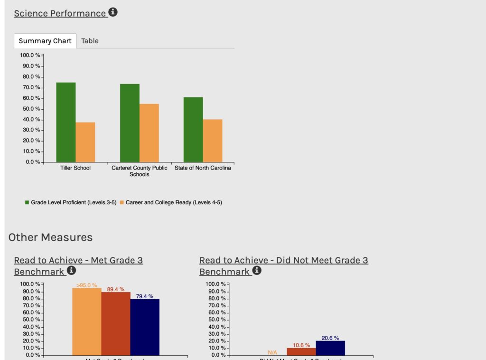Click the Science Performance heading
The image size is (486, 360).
60,13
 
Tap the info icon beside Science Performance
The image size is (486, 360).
113,12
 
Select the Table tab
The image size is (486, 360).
90,41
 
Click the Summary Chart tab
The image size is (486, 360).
45,41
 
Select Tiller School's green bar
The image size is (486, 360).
66,122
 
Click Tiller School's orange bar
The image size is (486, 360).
85,142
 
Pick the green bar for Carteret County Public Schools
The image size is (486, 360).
130,123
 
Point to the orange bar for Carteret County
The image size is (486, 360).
149,133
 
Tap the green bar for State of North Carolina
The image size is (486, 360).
193,130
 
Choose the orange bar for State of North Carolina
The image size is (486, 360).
213,141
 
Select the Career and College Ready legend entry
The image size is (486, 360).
171,202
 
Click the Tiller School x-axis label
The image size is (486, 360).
75,168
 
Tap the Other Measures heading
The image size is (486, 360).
50,237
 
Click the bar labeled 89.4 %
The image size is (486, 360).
116,323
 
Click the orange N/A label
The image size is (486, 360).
272,352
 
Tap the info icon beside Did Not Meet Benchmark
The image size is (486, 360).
257,271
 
